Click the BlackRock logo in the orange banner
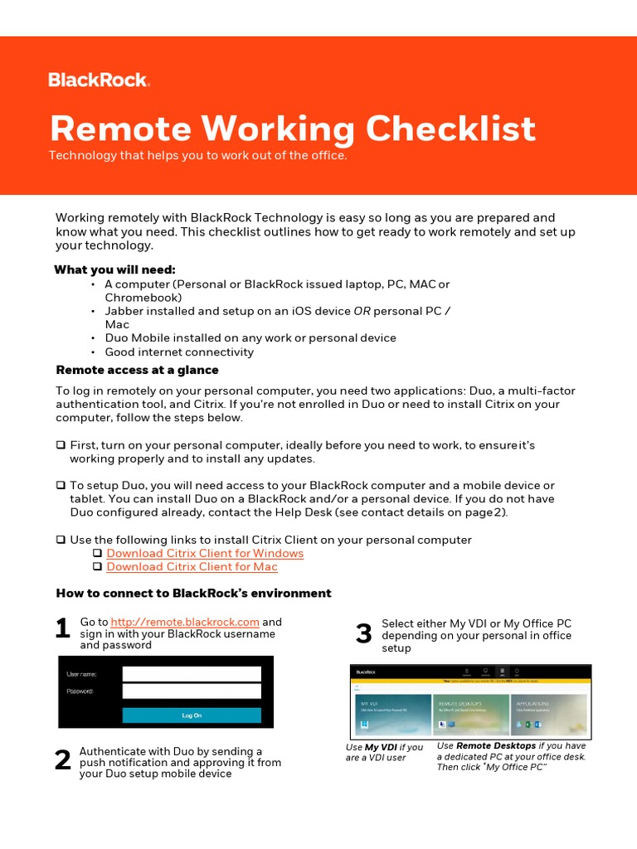tap(98, 80)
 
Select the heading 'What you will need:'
tap(114, 269)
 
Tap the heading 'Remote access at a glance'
tap(137, 370)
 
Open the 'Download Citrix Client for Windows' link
tap(205, 553)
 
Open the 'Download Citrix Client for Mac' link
tap(192, 566)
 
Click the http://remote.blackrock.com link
tap(185, 622)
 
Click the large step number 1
tap(62, 629)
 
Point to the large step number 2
tap(62, 760)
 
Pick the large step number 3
tap(363, 634)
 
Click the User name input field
tap(192, 674)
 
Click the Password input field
tap(192, 691)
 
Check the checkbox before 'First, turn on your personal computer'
tap(61, 446)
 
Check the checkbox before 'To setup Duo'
tap(61, 485)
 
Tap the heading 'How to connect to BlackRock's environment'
tap(193, 593)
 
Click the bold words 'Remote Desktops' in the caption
tap(495, 746)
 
